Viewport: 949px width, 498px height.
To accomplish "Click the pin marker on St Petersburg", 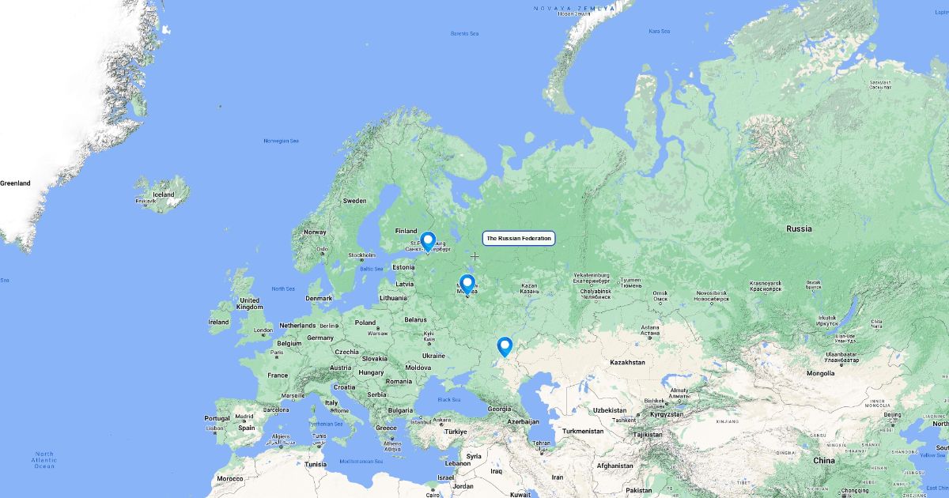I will click(x=428, y=240).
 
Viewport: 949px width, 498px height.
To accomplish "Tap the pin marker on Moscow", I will click(x=467, y=283).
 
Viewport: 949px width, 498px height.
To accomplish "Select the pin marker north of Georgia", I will click(x=505, y=345).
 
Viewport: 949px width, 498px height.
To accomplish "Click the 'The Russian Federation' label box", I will click(x=519, y=238).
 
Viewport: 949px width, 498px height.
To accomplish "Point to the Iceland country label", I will click(x=164, y=194).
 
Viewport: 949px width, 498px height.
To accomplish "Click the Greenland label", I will click(x=15, y=183).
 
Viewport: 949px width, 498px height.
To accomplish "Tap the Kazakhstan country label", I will click(x=628, y=362).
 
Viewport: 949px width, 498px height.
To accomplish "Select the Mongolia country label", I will click(x=820, y=373).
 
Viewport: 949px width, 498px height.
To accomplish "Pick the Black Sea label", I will click(x=449, y=400).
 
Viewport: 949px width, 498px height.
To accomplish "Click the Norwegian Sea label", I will click(x=282, y=141).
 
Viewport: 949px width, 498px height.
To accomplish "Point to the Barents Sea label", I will click(x=464, y=33).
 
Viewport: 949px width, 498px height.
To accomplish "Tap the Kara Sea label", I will click(x=659, y=31).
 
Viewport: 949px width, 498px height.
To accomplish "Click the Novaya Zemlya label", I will click(x=573, y=9).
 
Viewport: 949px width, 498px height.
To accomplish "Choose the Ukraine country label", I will click(x=433, y=356).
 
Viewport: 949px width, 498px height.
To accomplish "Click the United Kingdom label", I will click(x=249, y=304).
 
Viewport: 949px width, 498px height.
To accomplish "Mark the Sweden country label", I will click(x=354, y=201).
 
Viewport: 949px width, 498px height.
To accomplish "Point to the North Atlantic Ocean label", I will click(x=44, y=460).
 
